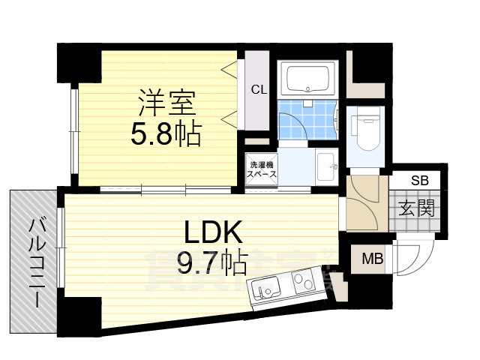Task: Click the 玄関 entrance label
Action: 416,208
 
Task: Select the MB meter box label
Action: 372,259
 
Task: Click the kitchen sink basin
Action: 266,286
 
